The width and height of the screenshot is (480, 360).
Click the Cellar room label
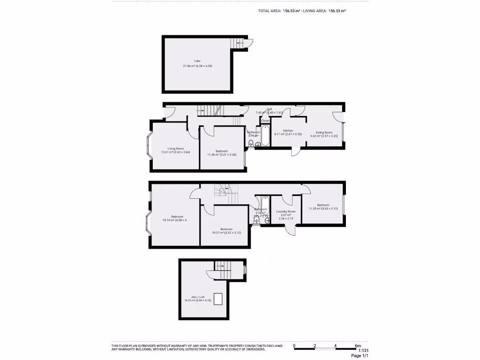point(197,61)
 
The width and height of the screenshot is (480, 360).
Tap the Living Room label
point(169,149)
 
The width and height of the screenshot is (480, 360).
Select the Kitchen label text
point(288,130)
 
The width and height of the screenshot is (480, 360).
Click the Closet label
point(265,121)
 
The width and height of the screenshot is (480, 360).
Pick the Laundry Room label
point(285,211)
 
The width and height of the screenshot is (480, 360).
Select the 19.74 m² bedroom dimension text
point(174,220)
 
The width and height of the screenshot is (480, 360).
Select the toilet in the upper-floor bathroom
point(256,221)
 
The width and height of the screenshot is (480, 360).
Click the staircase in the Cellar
point(238,43)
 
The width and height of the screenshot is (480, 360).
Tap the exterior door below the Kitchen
point(296,151)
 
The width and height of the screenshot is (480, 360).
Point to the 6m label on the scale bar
point(358,346)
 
